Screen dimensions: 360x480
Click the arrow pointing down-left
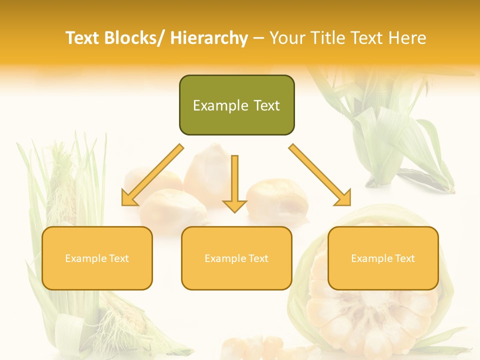point(152,175)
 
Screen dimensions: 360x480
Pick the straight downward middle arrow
point(234,183)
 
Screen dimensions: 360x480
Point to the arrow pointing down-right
point(320,175)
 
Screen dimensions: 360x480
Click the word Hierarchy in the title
point(209,38)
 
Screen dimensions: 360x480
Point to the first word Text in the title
point(83,38)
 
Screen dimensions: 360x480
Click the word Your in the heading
point(287,38)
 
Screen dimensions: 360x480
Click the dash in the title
point(258,38)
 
